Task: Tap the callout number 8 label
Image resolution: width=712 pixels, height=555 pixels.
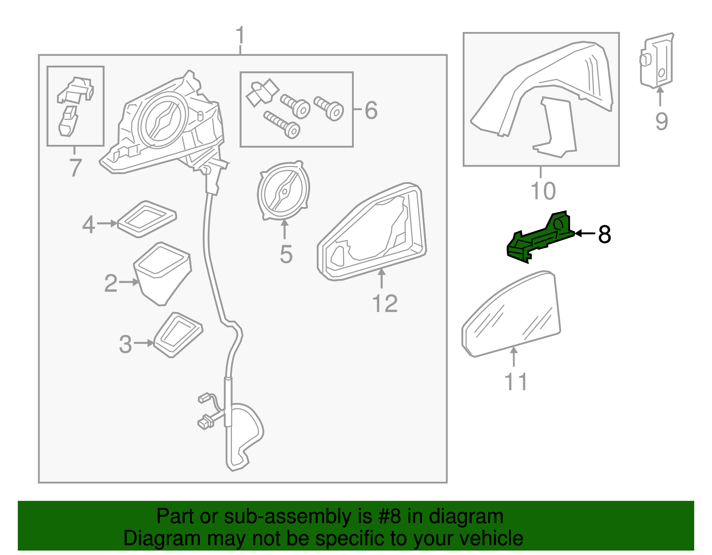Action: pyautogui.click(x=604, y=234)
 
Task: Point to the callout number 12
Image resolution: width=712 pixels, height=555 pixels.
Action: pyautogui.click(x=384, y=304)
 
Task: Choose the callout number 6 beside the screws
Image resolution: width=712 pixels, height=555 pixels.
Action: pyautogui.click(x=371, y=110)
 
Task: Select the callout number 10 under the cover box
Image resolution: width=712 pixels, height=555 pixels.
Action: pyautogui.click(x=543, y=191)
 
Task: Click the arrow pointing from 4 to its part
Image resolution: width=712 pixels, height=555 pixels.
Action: pyautogui.click(x=107, y=224)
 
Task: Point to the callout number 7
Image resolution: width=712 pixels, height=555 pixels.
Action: pyautogui.click(x=75, y=168)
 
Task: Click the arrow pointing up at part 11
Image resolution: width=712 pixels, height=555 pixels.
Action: pyautogui.click(x=514, y=356)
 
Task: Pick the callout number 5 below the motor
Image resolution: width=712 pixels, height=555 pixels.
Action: pyautogui.click(x=286, y=255)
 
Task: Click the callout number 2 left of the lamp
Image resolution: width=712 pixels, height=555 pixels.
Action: pyautogui.click(x=110, y=283)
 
